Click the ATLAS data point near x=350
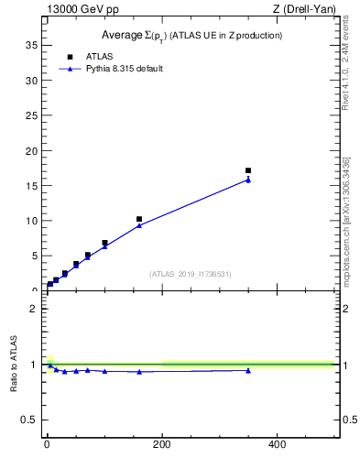click(248, 170)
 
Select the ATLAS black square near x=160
click(139, 220)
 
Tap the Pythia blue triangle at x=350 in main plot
click(248, 180)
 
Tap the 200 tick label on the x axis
click(162, 444)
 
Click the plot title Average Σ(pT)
click(191, 35)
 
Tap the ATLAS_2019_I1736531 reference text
click(191, 274)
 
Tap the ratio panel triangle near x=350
click(248, 370)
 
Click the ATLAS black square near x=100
click(104, 243)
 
